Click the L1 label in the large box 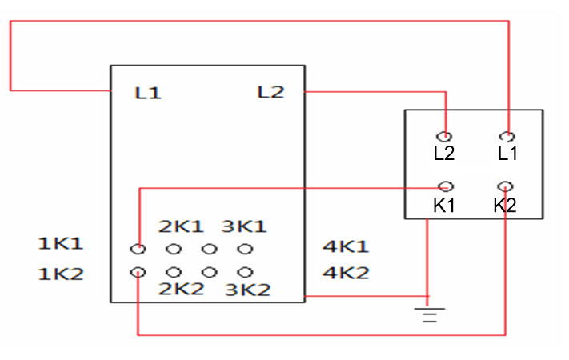148,94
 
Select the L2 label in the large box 270,92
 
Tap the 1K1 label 61,242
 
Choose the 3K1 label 244,226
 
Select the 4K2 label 345,273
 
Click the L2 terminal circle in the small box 444,137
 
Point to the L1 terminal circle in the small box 507,137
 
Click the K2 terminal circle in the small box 505,186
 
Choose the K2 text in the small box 505,205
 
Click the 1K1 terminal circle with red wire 138,249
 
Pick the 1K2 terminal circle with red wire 138,272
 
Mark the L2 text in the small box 444,153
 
